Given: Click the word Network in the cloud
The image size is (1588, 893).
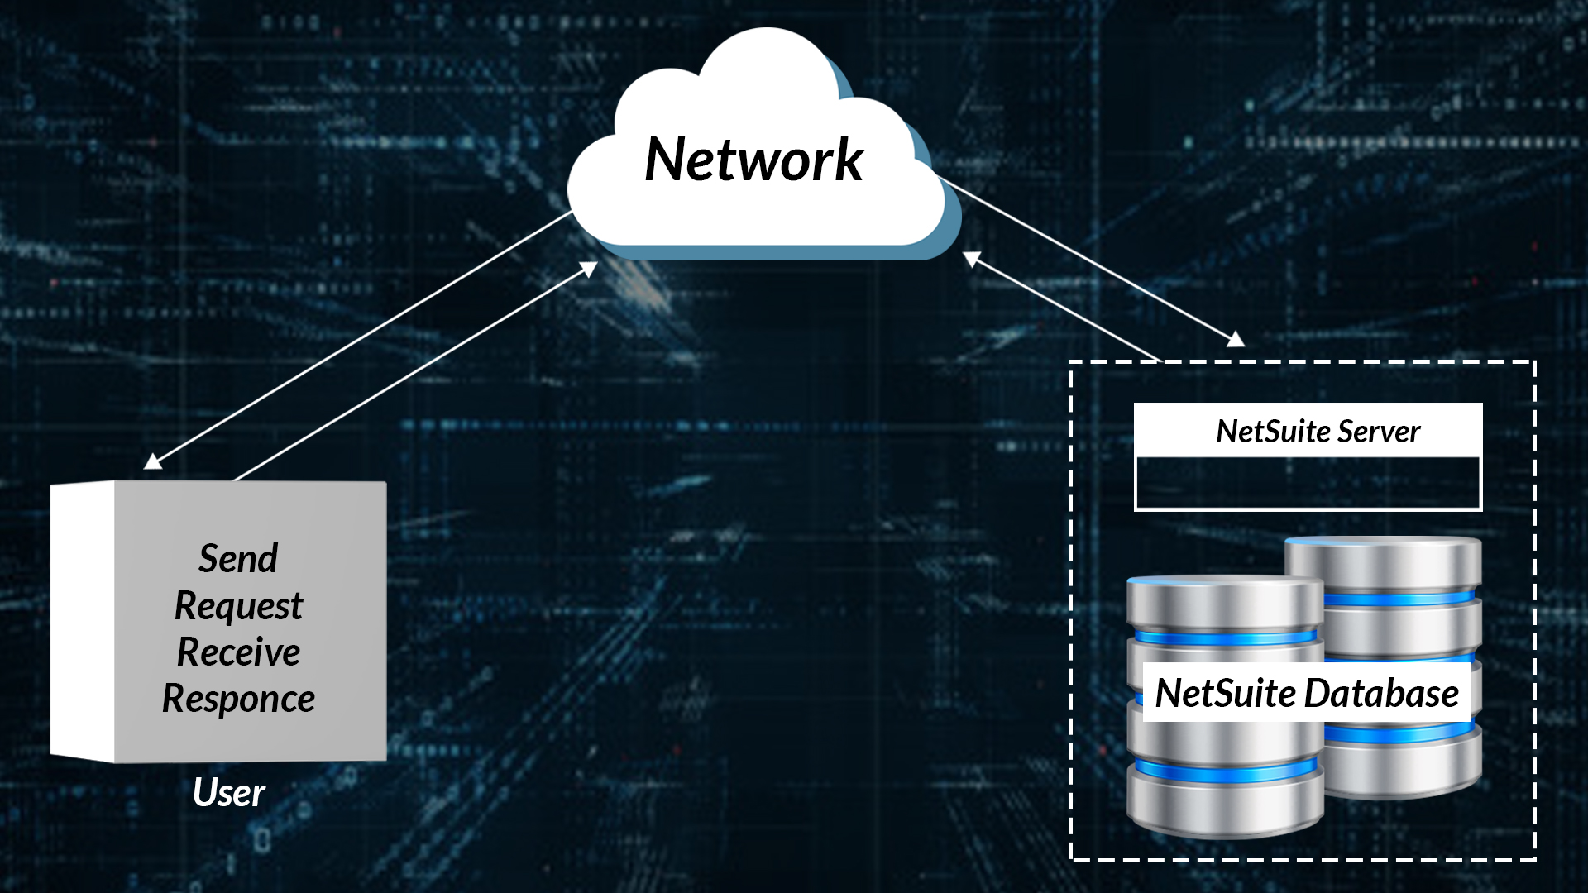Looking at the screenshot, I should (753, 160).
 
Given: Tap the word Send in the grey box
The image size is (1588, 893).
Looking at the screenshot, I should (238, 559).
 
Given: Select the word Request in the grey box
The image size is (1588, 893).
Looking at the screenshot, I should (238, 606).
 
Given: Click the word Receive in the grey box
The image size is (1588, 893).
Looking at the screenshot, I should (238, 652).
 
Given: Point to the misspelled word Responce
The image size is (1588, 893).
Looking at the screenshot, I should (238, 699).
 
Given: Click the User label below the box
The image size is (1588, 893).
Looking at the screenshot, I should (228, 793).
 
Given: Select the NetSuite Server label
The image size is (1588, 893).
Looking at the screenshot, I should (1318, 432).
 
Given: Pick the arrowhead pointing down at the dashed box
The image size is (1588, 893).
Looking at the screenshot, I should (1236, 339).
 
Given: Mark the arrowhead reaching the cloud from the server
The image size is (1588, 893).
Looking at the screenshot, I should (972, 259).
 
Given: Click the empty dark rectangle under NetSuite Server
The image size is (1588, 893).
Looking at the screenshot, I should (1308, 483).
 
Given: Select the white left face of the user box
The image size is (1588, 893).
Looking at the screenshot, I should (82, 620).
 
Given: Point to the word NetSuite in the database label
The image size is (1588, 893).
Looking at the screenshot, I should (1225, 694).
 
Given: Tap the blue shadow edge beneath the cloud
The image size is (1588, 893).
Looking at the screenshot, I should (777, 251).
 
